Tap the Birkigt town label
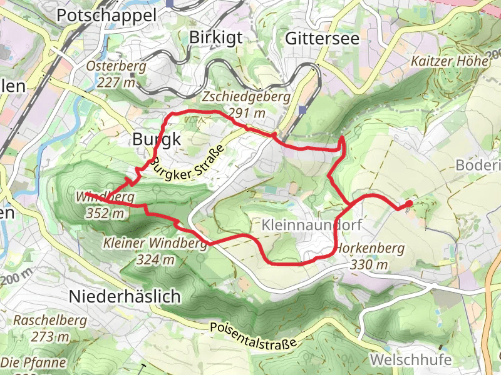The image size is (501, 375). point(215,38)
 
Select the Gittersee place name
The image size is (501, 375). point(322,38)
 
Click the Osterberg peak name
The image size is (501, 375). point(116,66)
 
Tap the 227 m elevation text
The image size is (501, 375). point(116,82)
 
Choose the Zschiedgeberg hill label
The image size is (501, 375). point(246,97)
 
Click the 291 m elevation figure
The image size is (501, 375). point(246,113)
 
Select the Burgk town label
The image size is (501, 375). point(156,140)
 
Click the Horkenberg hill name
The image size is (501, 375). point(370,248)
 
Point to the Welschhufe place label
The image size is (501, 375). point(410,360)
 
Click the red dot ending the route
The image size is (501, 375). point(409,204)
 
